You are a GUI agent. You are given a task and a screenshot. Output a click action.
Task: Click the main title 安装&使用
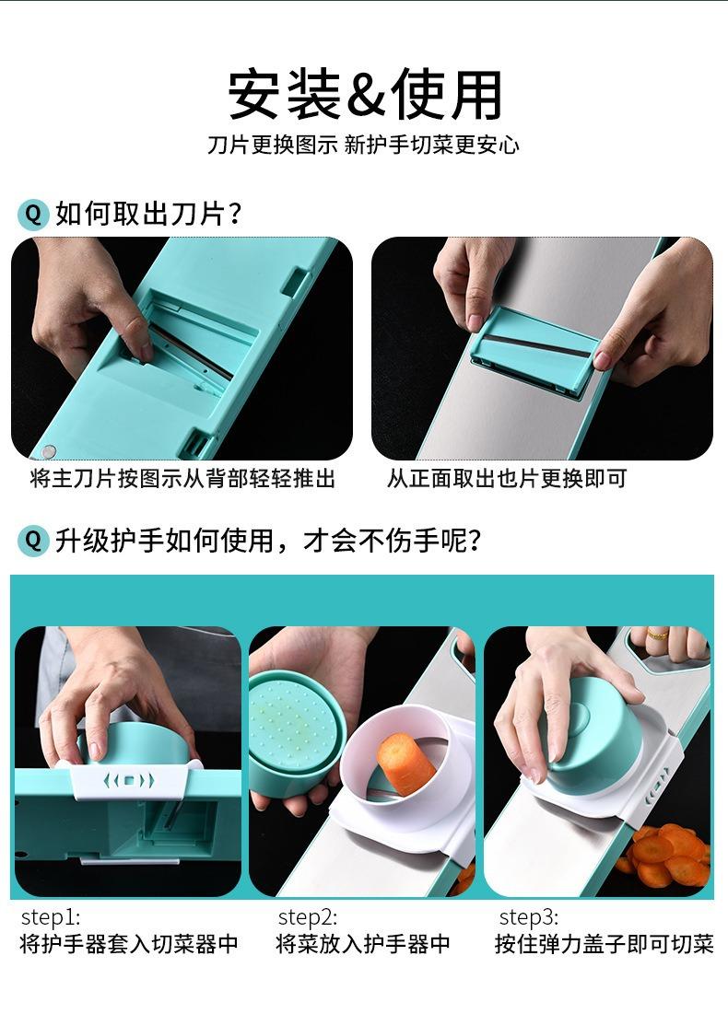click(364, 95)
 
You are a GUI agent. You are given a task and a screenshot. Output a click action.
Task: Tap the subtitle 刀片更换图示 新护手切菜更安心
click(363, 145)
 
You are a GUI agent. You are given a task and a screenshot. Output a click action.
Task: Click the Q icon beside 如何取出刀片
click(33, 214)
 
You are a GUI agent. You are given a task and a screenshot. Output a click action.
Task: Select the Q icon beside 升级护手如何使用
click(33, 540)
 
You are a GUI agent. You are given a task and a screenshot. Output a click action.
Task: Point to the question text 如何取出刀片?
click(148, 214)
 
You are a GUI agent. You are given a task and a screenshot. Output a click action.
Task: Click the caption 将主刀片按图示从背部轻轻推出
click(182, 479)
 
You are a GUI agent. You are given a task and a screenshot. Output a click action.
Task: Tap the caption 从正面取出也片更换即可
click(507, 479)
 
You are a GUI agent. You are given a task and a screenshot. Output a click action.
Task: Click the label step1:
click(51, 917)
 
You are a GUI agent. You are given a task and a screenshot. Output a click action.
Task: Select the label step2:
click(308, 917)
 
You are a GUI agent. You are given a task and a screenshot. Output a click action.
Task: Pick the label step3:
click(529, 917)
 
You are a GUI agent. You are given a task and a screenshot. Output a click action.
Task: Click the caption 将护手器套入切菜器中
click(129, 944)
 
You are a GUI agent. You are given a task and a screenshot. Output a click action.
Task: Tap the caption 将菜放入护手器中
click(363, 944)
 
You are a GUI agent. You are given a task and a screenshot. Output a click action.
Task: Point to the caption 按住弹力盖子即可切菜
click(605, 944)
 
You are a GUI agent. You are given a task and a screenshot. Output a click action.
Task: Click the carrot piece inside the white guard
click(405, 763)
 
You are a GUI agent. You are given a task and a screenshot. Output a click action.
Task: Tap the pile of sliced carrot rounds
click(665, 857)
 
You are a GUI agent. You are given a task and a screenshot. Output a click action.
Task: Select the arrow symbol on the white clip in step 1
click(129, 780)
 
